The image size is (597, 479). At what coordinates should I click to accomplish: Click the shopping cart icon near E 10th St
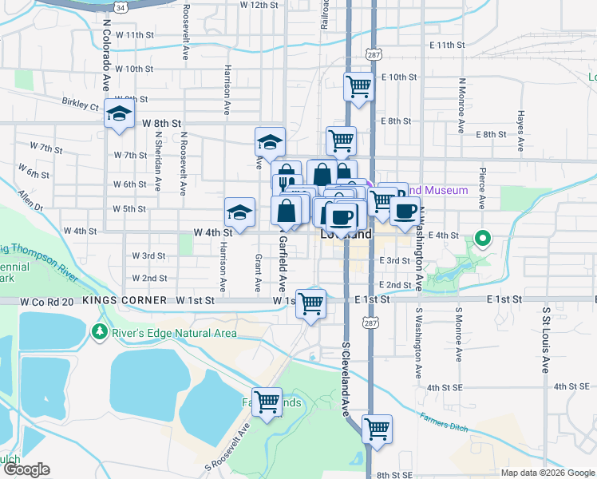[x=359, y=85]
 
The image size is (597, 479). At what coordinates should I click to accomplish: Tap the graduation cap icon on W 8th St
[x=119, y=114]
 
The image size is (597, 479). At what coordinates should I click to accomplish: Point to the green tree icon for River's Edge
[x=101, y=331]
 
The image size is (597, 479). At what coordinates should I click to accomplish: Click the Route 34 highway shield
[x=120, y=6]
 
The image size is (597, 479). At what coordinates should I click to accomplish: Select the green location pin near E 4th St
[x=482, y=238]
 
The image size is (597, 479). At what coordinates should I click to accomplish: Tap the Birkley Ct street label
[x=81, y=104]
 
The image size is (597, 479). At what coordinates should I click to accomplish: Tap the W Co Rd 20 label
[x=45, y=301]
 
